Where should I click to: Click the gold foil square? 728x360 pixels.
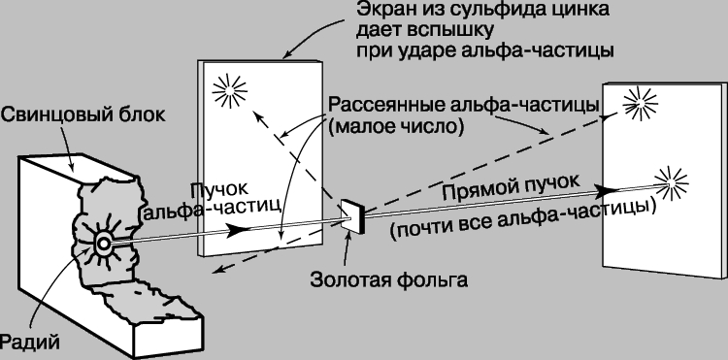click(353, 216)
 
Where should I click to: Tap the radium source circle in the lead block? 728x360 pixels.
click(103, 244)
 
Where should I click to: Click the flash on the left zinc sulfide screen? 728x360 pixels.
click(229, 90)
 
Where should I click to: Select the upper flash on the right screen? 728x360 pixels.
click(641, 104)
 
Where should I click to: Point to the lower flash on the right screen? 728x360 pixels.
click(672, 182)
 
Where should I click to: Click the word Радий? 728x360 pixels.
click(30, 343)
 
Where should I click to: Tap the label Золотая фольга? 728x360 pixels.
click(389, 280)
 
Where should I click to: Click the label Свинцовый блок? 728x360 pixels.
click(83, 115)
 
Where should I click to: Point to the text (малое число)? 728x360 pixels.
click(396, 127)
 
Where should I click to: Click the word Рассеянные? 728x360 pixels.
click(385, 105)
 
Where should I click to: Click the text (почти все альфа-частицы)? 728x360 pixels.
click(523, 218)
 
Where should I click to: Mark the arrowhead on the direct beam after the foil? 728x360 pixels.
click(607, 190)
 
